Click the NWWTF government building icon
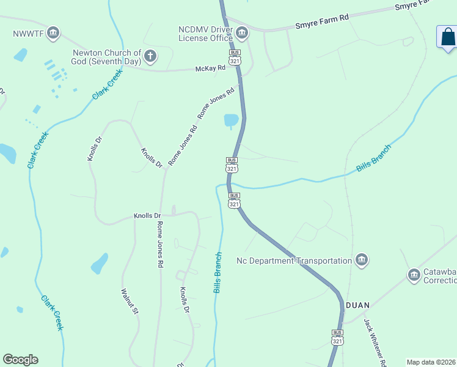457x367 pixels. [x=53, y=32]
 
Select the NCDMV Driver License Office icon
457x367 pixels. [x=243, y=32]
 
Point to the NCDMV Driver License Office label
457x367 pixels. [x=206, y=34]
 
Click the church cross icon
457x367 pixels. [x=150, y=57]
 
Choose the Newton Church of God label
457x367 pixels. [x=107, y=57]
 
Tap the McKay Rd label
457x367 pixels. [x=206, y=69]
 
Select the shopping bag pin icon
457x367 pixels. [x=448, y=37]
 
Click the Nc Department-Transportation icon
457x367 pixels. [x=362, y=261]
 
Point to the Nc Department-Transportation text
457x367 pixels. [x=294, y=261]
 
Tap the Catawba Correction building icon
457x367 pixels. [x=414, y=276]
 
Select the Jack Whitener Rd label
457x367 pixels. [x=375, y=341]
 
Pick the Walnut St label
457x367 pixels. [x=130, y=302]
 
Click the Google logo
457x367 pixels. [x=20, y=360]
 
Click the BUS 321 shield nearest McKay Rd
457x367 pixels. [x=235, y=57]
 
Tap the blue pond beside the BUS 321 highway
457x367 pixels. [x=232, y=120]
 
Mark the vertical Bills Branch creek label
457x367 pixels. [x=218, y=272]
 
